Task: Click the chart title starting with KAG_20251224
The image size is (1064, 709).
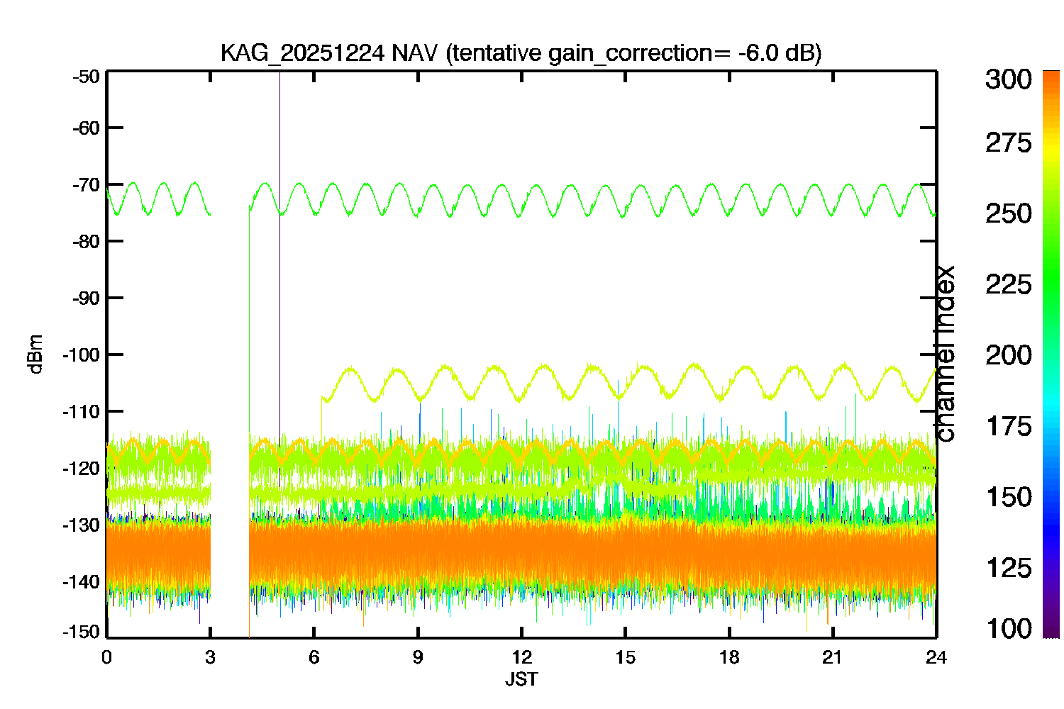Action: tap(521, 52)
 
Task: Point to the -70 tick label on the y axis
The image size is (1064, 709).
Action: tap(86, 185)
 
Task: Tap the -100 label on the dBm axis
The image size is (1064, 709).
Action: tap(82, 354)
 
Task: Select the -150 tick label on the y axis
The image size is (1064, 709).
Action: tap(82, 632)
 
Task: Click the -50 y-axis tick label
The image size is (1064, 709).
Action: tap(86, 77)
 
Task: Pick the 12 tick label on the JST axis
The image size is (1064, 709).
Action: tap(521, 657)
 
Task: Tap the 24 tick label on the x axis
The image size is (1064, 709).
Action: tap(936, 657)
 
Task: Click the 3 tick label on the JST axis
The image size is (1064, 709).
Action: tap(210, 657)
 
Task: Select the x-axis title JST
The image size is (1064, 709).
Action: tap(521, 679)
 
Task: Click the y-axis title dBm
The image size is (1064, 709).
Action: tap(35, 354)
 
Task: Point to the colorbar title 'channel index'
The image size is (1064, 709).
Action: tap(945, 354)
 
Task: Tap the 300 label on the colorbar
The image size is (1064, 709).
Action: tap(1009, 79)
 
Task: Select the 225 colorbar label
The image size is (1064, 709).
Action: tap(1009, 285)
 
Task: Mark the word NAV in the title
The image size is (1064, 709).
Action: tap(414, 52)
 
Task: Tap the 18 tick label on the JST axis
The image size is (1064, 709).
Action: tap(729, 657)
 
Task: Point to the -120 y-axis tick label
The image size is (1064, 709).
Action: tap(82, 468)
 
